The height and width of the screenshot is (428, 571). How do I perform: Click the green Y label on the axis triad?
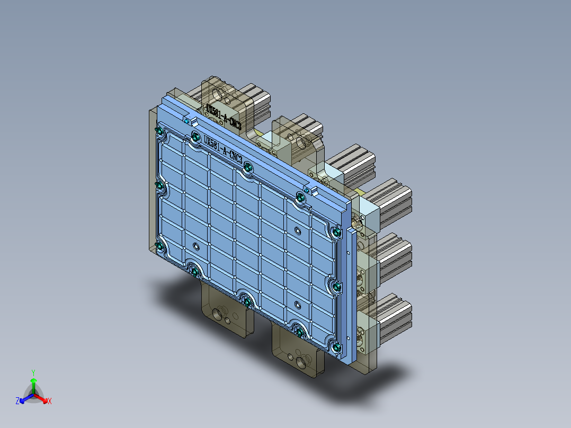pos(33,372)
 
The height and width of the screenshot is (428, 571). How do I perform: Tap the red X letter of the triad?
pos(50,402)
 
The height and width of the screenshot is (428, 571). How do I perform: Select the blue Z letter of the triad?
pos(17,401)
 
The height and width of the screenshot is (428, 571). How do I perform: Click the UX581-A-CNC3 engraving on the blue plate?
pos(223,149)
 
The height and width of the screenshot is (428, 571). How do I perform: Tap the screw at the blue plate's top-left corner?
pos(159,131)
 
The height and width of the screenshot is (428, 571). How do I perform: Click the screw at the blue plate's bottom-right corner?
pos(337,347)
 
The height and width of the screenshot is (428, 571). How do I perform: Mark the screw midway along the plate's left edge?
pos(159,185)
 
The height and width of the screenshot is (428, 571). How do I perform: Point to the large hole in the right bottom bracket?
pos(302,362)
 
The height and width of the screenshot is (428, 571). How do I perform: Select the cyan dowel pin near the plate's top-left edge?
pos(188,121)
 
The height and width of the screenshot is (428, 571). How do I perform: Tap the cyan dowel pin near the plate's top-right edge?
pos(307,190)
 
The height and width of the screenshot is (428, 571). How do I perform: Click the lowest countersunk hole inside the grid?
pos(297,304)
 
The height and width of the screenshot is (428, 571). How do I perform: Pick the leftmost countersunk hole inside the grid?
pos(197,246)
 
